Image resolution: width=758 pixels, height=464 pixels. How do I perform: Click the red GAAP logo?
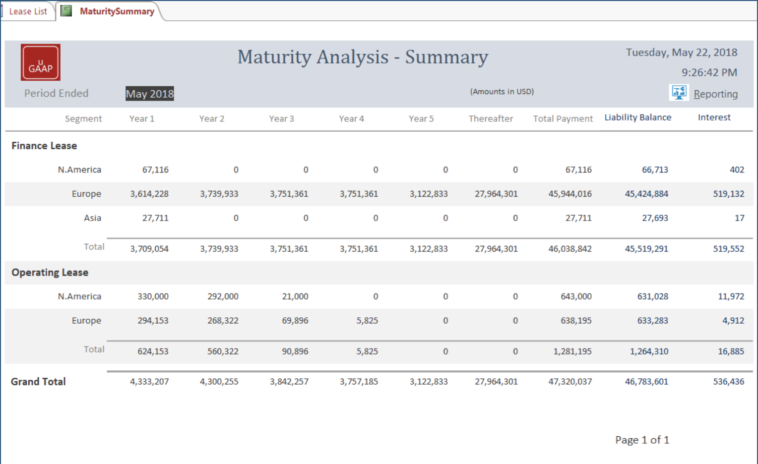pos(41,62)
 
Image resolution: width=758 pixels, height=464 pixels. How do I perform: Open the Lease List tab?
pos(28,11)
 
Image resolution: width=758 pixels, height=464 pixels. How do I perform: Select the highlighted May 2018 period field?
pos(150,94)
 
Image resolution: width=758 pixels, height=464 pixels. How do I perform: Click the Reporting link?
pos(715,94)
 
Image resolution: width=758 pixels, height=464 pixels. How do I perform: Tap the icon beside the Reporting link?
pos(679,92)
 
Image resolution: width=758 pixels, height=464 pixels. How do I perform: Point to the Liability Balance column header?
pos(637,117)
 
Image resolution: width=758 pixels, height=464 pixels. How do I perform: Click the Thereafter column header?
pos(491,118)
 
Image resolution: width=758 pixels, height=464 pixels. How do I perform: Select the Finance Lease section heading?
pos(44,146)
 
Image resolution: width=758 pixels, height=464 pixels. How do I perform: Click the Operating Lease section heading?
pos(50,273)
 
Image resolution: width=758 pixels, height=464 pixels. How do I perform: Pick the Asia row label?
pos(92,218)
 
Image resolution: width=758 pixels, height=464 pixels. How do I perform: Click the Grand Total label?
pos(38,382)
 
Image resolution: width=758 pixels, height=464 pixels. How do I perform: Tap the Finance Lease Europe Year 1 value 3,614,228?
pos(149,194)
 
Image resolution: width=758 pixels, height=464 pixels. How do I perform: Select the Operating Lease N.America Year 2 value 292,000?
pos(223,296)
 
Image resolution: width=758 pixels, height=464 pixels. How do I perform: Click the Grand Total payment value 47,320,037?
pos(570,382)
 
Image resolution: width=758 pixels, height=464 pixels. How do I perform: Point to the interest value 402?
pos(737,170)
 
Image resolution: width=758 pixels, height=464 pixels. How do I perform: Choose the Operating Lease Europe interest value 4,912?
pos(733,321)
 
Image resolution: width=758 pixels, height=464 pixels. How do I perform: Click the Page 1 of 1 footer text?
pos(642,440)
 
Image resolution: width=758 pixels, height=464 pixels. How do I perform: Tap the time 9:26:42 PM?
pos(709,72)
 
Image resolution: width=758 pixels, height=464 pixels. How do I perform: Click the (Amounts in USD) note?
pos(502,92)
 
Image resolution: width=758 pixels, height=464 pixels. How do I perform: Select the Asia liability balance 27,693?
pos(655,218)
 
